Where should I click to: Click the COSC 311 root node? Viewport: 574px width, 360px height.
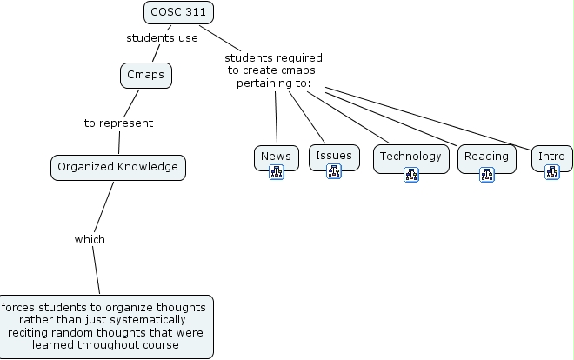tap(178, 12)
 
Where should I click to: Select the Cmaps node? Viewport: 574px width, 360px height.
tap(145, 76)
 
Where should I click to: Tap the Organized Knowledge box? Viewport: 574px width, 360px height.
tap(117, 166)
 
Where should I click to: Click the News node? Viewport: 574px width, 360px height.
tap(277, 157)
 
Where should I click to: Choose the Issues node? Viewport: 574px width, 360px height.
tap(334, 156)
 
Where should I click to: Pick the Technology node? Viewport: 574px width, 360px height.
tap(410, 157)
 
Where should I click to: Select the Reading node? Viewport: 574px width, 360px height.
tap(486, 157)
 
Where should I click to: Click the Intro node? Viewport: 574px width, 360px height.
tap(551, 157)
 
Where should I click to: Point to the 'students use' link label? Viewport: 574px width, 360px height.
tap(162, 37)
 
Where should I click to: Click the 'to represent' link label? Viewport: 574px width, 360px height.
tap(118, 123)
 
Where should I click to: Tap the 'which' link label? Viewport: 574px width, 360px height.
tap(90, 239)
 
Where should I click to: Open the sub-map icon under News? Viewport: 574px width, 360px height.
tap(277, 173)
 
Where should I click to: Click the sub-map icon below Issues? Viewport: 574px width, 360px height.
tap(333, 171)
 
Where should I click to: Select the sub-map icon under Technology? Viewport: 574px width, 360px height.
tap(411, 175)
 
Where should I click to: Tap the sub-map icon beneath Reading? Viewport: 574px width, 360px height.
tap(487, 175)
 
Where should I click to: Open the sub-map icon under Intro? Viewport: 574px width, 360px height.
tap(551, 173)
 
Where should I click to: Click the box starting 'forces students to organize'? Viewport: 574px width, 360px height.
tap(105, 326)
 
